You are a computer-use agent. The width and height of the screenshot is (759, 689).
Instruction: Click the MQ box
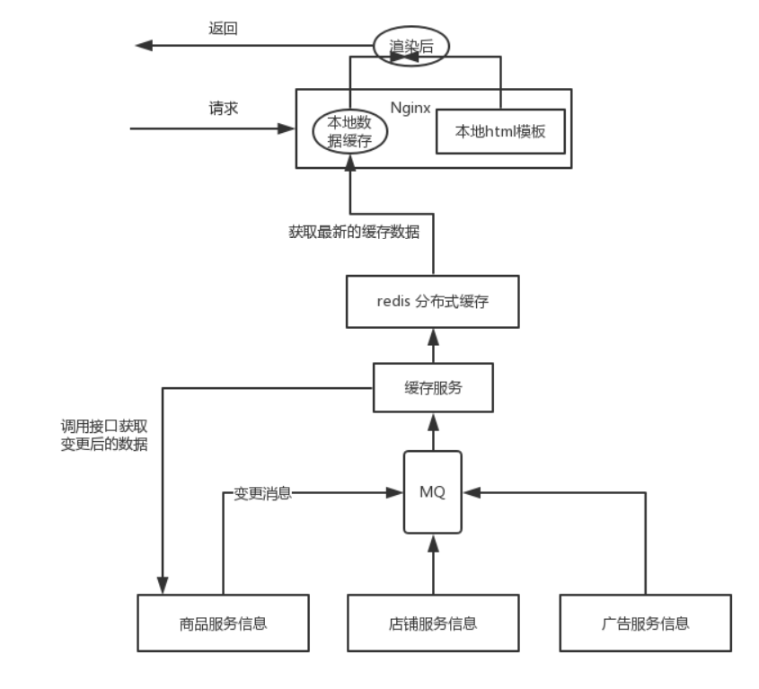(x=433, y=491)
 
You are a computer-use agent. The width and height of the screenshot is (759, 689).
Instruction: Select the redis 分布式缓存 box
(x=433, y=301)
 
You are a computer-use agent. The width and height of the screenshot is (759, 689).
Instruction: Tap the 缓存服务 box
(x=433, y=388)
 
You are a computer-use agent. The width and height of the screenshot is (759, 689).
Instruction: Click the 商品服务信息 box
(x=223, y=622)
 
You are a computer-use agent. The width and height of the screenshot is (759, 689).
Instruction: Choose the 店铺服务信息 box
(x=433, y=622)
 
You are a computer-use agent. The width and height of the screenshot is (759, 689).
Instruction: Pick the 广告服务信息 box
(x=646, y=622)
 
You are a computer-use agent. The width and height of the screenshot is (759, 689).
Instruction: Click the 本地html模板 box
(x=499, y=130)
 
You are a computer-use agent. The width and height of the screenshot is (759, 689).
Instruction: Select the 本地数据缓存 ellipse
(x=349, y=131)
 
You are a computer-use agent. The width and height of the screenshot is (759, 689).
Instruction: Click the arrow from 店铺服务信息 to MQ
(x=433, y=566)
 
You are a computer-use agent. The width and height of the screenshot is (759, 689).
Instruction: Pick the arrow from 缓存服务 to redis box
(x=433, y=346)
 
